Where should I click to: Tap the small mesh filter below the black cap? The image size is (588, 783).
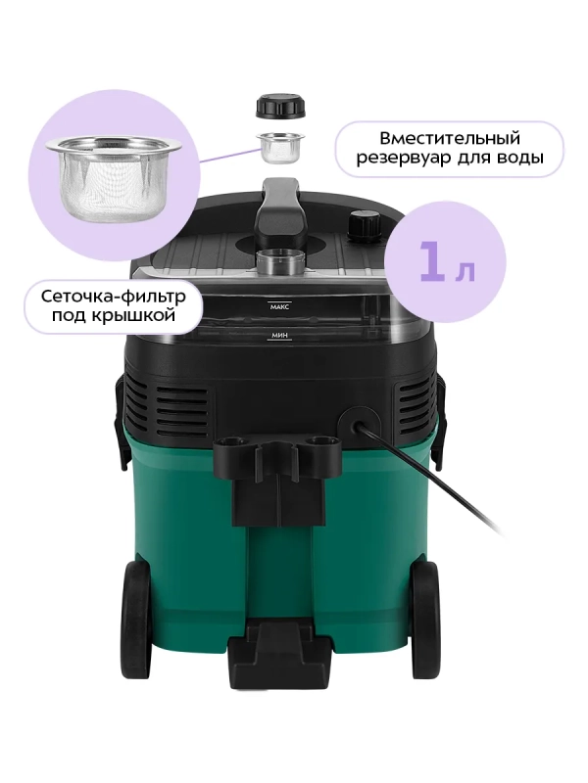click(280, 149)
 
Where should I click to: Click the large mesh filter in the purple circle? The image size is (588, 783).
click(114, 180)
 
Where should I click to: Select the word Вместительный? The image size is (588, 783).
click(450, 138)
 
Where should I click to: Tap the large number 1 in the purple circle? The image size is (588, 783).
click(431, 260)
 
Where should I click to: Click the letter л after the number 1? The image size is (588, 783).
click(465, 270)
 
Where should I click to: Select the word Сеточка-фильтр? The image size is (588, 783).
click(113, 297)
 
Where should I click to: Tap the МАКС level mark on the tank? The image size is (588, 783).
click(279, 307)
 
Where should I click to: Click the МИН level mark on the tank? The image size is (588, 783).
click(279, 336)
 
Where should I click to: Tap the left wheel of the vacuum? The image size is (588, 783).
click(136, 619)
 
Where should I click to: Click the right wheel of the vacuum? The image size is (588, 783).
click(425, 619)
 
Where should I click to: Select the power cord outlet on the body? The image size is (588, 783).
click(358, 425)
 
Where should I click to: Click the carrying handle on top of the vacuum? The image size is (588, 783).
click(280, 209)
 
